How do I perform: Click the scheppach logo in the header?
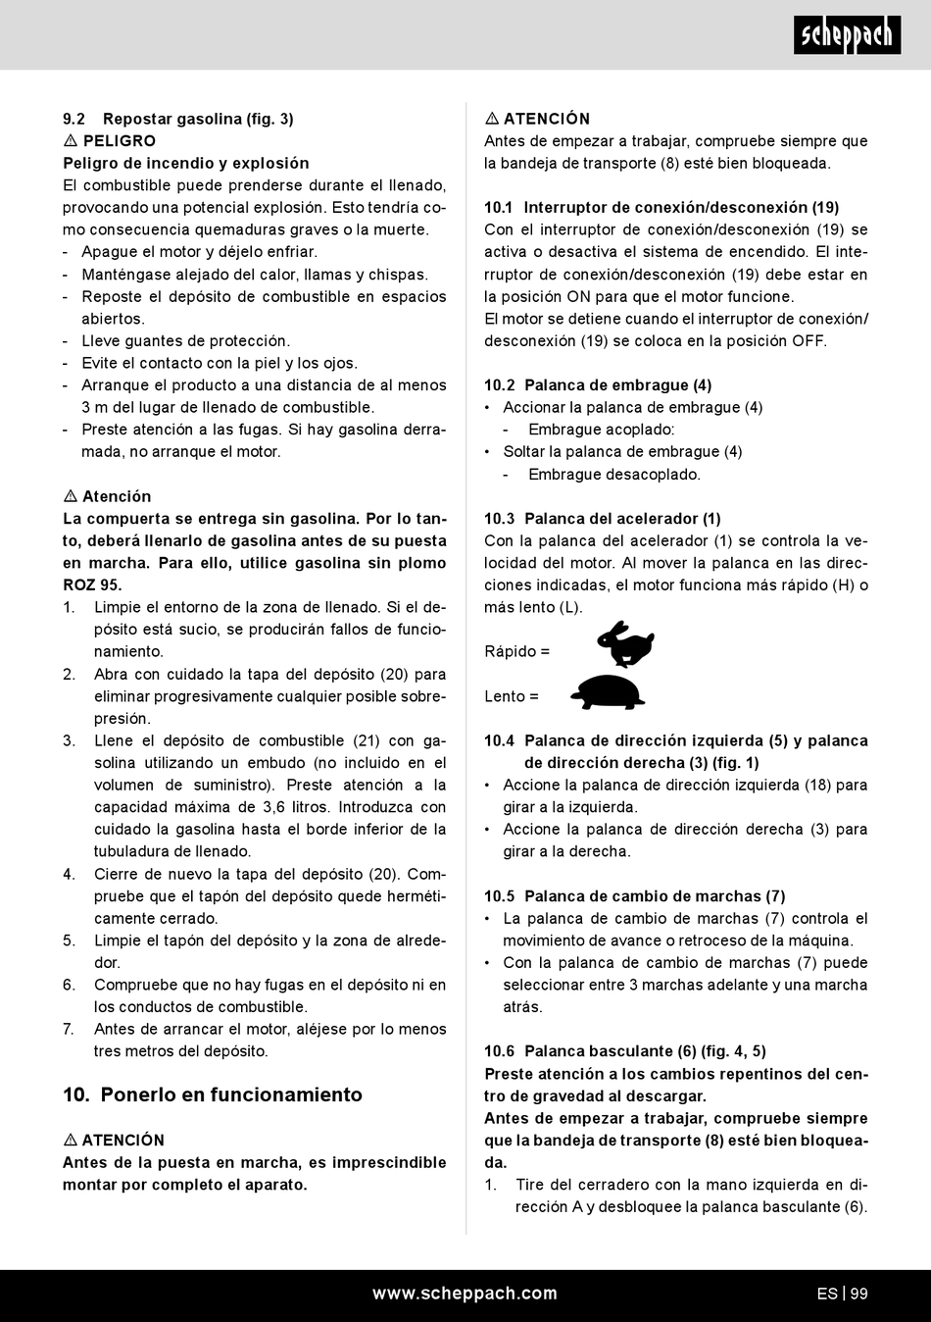tap(847, 35)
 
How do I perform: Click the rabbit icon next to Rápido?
tap(625, 644)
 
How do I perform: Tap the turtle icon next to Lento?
tap(608, 692)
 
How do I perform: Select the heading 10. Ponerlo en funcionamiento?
tap(213, 1094)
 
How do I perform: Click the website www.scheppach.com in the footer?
tap(465, 1294)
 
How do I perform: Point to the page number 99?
tap(858, 1294)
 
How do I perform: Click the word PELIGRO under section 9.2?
tap(119, 141)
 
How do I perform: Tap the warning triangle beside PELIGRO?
tap(71, 141)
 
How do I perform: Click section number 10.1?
tap(499, 208)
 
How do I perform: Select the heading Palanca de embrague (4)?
tap(617, 385)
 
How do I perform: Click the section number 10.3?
tap(499, 519)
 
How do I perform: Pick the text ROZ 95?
tap(92, 585)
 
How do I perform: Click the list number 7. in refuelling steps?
tap(69, 1029)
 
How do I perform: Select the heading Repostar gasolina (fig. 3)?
tap(198, 119)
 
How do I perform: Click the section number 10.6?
tap(499, 1051)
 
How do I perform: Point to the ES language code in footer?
tap(826, 1294)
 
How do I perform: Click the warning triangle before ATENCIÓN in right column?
tap(492, 119)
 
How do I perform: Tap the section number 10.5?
tap(499, 896)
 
